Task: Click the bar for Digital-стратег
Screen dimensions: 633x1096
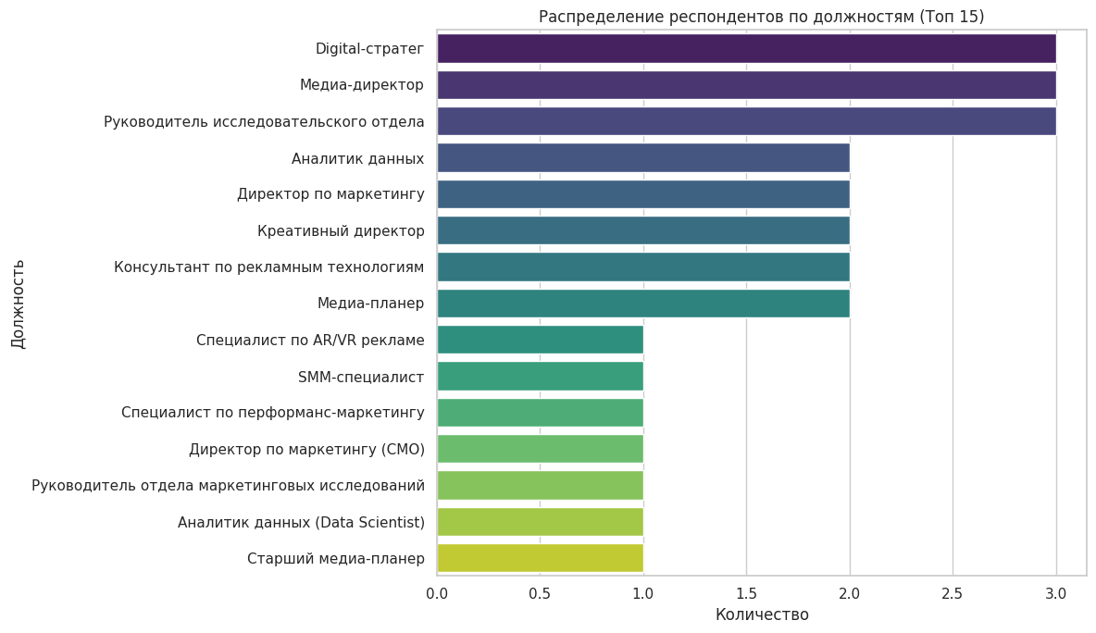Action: coord(746,48)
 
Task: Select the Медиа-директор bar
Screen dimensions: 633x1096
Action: coord(746,85)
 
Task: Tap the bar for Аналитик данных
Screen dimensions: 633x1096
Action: coord(643,158)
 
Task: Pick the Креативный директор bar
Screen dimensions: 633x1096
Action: coord(643,230)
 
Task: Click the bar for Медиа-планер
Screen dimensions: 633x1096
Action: coord(643,304)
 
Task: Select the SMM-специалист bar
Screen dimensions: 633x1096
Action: coord(540,377)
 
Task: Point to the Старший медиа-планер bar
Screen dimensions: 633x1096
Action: coord(540,558)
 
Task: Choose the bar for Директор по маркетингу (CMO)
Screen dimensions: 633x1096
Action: coord(540,449)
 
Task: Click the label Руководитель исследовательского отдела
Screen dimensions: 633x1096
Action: coord(264,122)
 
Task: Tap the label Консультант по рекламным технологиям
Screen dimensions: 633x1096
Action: coord(269,267)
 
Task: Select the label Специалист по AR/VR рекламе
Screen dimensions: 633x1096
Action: coord(310,341)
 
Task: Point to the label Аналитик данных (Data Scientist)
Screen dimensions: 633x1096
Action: coord(301,522)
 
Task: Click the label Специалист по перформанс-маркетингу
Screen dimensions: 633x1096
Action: coord(273,413)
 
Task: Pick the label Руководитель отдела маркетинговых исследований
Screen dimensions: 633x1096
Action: coord(228,486)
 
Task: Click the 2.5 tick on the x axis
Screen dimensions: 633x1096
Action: coord(953,593)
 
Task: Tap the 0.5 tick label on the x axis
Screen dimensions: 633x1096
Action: coord(540,593)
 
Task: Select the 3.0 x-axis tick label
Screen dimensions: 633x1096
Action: coord(1055,593)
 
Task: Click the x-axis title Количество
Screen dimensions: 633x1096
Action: coord(762,614)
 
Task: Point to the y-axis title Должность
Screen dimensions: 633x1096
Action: coord(19,304)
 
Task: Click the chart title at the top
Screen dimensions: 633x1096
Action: coord(761,17)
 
